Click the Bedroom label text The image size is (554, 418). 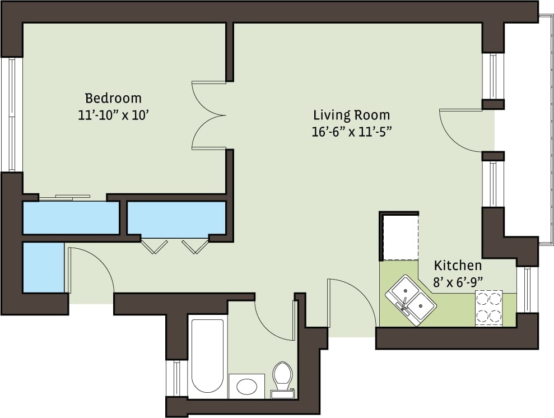pyautogui.click(x=113, y=98)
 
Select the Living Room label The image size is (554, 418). pyautogui.click(x=351, y=115)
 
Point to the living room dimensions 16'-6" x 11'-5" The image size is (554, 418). pyautogui.click(x=351, y=132)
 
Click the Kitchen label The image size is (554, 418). pyautogui.click(x=458, y=266)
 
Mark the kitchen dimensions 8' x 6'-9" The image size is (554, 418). pyautogui.click(x=458, y=282)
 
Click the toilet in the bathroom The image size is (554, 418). pyautogui.click(x=282, y=378)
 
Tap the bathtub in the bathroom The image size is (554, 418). pyautogui.click(x=208, y=356)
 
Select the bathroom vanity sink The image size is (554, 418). pyautogui.click(x=246, y=386)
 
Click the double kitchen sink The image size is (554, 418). pyautogui.click(x=411, y=299)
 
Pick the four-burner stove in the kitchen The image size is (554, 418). pyautogui.click(x=488, y=308)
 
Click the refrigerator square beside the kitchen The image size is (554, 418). pyautogui.click(x=399, y=236)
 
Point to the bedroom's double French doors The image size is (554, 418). pyautogui.click(x=208, y=116)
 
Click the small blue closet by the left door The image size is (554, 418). pyautogui.click(x=43, y=267)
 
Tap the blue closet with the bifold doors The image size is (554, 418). pyautogui.click(x=176, y=218)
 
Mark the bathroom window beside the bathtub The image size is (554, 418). pyautogui.click(x=176, y=378)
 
